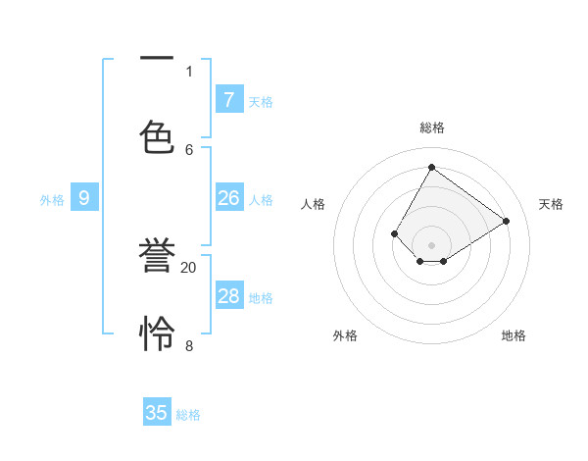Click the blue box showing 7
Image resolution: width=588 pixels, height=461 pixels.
[228, 99]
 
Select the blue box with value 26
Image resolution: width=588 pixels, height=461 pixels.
[228, 198]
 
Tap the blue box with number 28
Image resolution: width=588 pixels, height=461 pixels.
[228, 296]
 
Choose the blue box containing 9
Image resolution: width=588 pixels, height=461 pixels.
[84, 198]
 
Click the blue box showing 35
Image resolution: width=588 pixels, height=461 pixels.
[157, 413]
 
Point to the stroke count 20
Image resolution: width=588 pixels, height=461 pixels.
[189, 267]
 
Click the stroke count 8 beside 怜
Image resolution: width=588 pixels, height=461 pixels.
[189, 345]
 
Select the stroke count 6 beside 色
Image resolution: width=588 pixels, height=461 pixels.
[189, 149]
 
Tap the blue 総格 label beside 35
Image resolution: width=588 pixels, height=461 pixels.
[189, 415]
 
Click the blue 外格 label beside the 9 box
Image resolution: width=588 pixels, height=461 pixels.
[52, 200]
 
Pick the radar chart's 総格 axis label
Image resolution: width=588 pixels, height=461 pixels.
[431, 128]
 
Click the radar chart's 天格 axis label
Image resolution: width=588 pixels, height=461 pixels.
[551, 204]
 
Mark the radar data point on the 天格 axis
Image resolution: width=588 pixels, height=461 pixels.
[507, 222]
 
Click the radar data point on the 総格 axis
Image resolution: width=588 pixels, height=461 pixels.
[431, 168]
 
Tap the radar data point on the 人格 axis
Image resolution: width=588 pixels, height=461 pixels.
[395, 233]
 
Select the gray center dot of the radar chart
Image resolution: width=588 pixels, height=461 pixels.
[431, 245]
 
